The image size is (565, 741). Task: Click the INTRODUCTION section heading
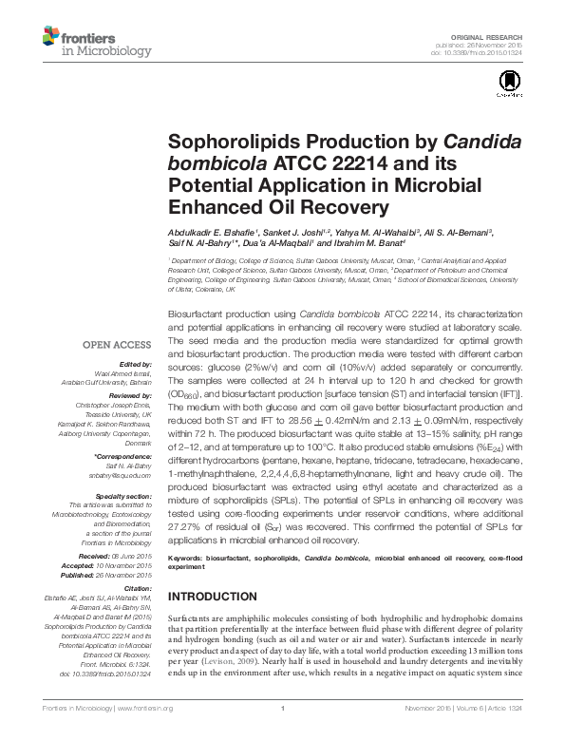click(x=218, y=598)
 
